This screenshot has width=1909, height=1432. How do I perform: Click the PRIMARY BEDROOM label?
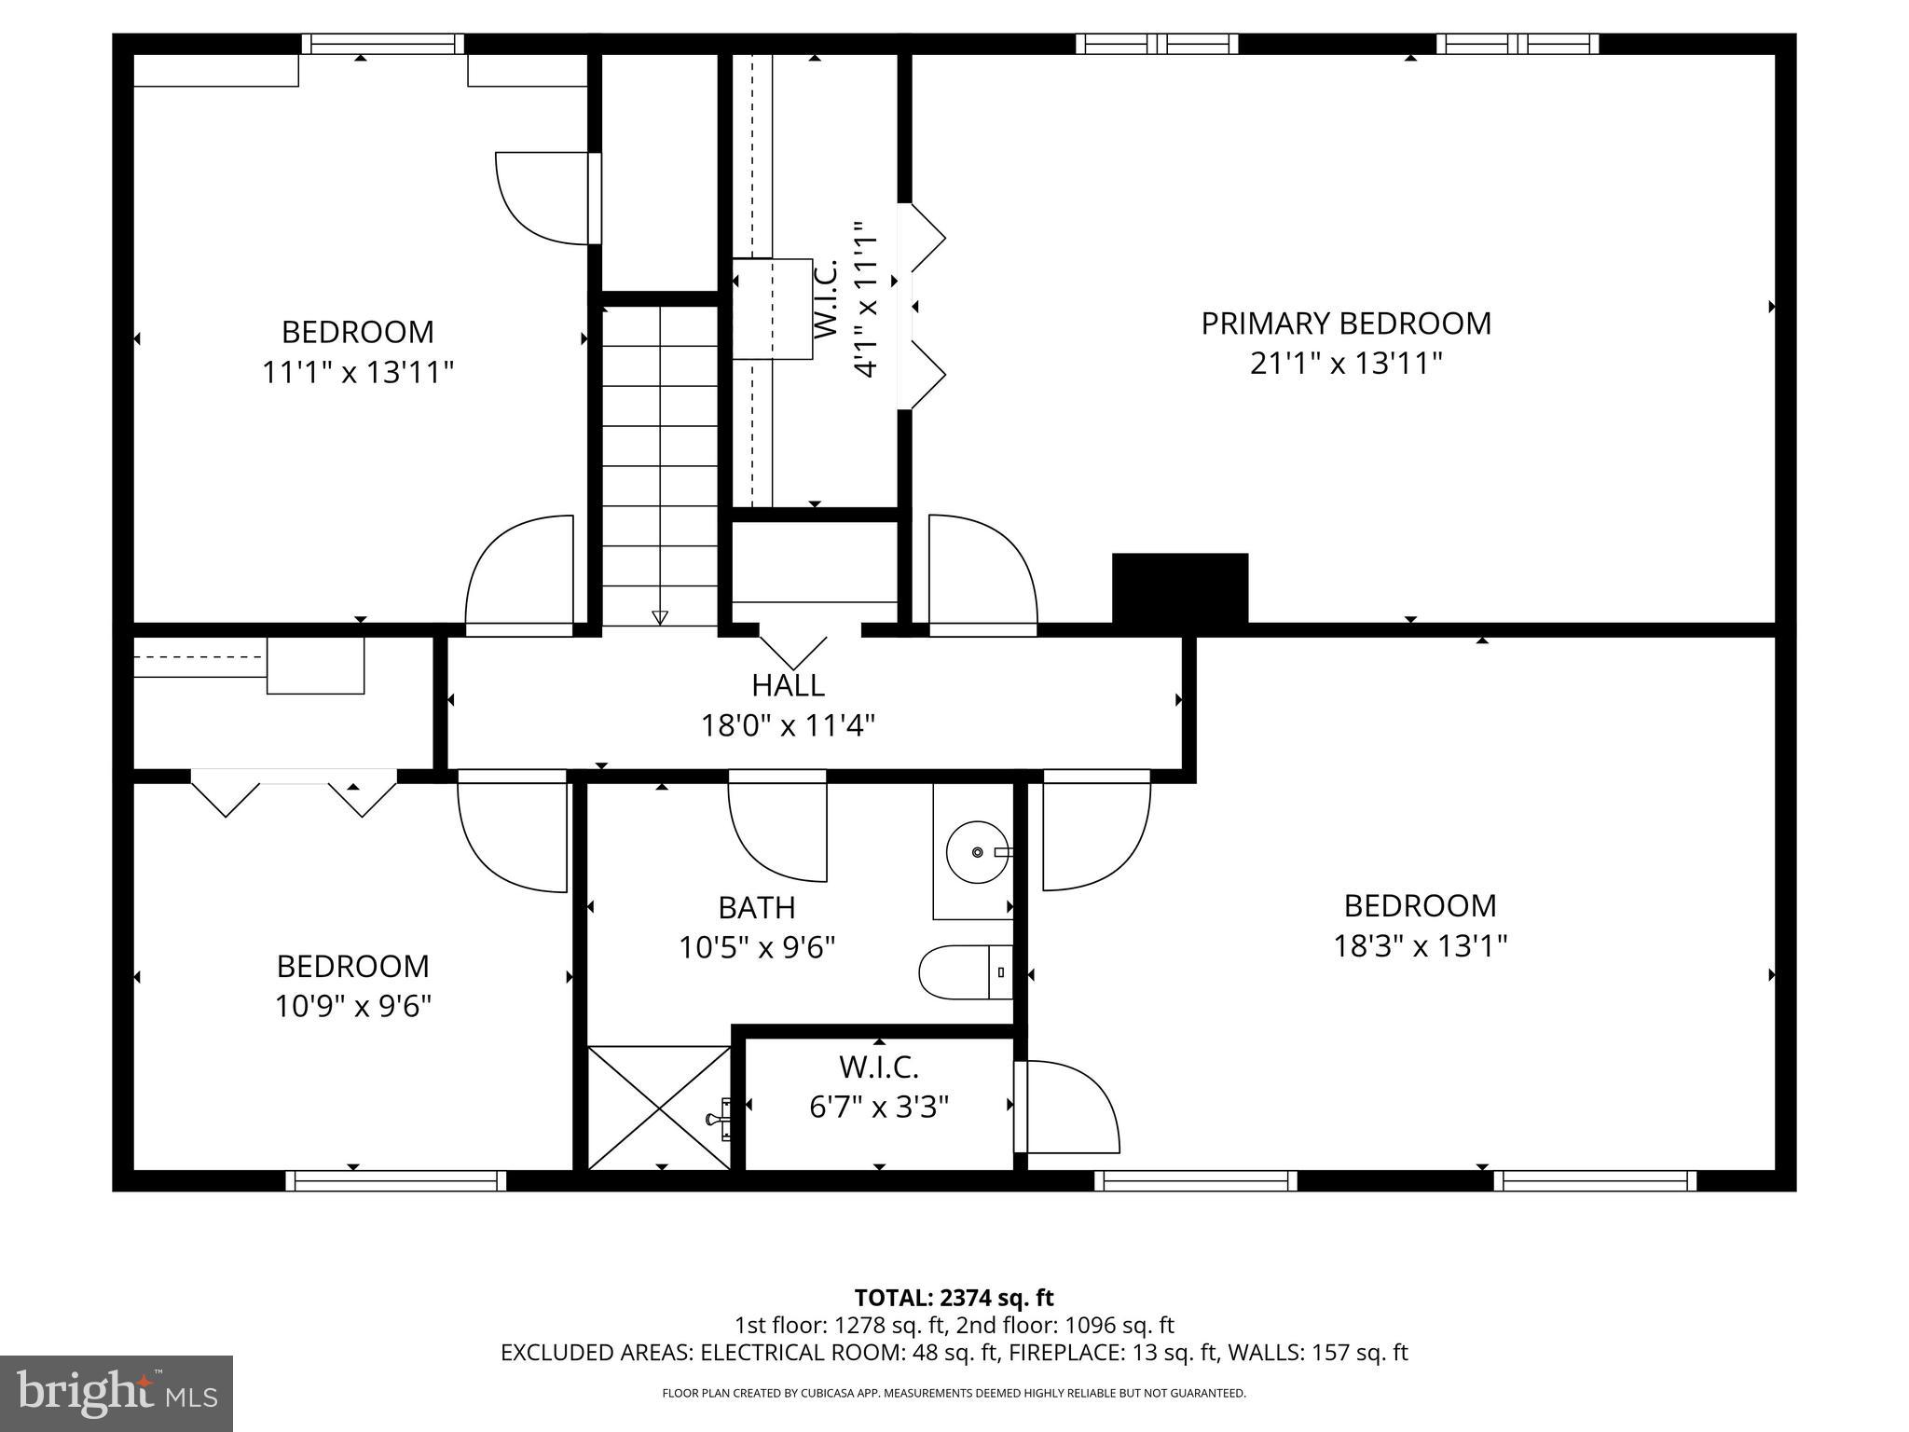point(1345,324)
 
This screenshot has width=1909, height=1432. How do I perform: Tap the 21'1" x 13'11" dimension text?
point(1345,364)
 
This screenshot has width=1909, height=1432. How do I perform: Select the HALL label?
point(788,685)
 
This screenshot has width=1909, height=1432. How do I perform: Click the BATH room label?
point(756,907)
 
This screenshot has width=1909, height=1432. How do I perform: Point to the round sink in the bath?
point(977,852)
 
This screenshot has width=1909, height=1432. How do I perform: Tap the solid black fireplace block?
point(1179,588)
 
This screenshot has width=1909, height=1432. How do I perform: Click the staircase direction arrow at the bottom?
point(660,616)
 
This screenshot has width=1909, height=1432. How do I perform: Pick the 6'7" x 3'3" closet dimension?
point(878,1107)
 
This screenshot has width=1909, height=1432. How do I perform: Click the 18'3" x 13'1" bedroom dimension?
point(1420,946)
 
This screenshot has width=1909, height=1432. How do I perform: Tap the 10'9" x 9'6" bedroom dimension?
point(352,1006)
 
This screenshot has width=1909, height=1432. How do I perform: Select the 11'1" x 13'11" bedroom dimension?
point(357,373)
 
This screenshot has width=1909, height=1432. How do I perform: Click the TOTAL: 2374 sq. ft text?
point(954,1298)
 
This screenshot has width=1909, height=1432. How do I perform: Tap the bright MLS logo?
point(117,1393)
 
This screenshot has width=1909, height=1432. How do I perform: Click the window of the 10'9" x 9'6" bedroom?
point(395,1181)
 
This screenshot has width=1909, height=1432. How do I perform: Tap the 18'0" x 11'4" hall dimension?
point(788,725)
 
